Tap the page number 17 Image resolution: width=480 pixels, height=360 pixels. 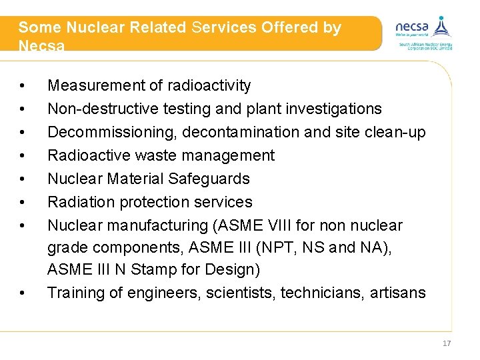click(446, 343)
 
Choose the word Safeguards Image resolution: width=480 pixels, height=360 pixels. click(209, 179)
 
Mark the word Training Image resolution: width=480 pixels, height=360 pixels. click(75, 293)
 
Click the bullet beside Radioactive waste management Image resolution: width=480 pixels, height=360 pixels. click(23, 156)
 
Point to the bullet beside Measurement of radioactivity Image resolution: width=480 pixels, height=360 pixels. click(23, 86)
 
